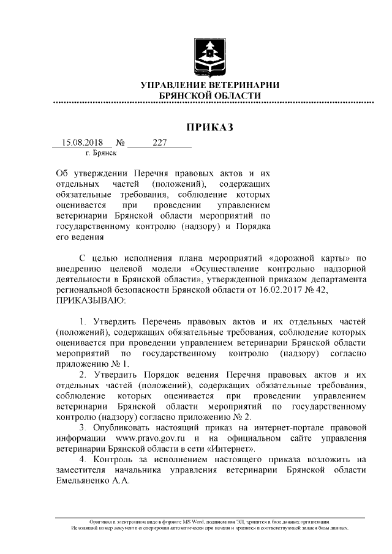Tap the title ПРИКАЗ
[210, 127]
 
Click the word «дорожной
[290, 257]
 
